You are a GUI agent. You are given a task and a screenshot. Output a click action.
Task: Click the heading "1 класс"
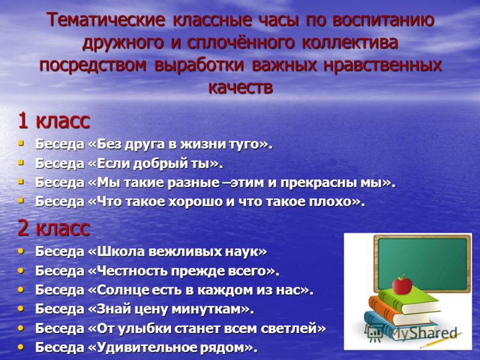point(54,121)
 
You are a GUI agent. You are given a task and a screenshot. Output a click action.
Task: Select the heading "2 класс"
point(54,229)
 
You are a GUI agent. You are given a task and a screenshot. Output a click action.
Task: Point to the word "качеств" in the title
point(241,88)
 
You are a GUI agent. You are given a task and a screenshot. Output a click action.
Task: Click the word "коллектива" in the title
point(350,43)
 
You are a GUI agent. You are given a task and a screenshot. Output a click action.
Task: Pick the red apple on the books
point(402,284)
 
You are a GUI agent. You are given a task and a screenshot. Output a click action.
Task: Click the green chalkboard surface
point(422,264)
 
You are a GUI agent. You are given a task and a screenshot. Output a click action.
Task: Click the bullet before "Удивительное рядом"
point(20,347)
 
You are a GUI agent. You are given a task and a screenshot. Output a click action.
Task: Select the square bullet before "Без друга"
point(20,143)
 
